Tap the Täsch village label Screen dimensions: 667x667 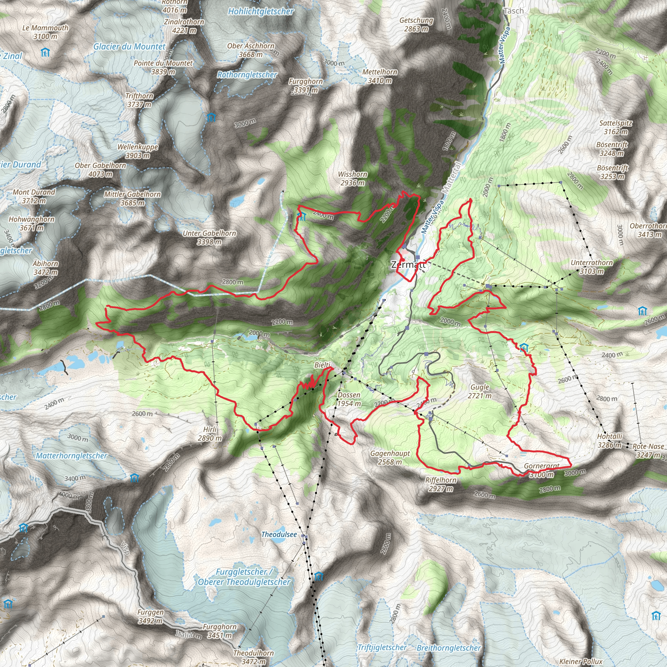[513, 11]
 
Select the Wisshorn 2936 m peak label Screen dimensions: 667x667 [352, 178]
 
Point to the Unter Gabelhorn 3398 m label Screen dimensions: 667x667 [209, 237]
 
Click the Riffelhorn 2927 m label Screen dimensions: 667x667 [441, 484]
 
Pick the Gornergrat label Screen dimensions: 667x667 [541, 466]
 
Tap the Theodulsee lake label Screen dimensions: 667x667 [279, 534]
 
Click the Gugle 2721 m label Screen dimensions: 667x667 [479, 391]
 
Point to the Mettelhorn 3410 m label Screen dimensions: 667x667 [380, 76]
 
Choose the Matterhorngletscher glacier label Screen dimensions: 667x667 [71, 456]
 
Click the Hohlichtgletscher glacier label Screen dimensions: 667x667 [261, 11]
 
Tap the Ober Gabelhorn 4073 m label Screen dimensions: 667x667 [100, 169]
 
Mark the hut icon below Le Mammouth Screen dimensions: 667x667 [45, 52]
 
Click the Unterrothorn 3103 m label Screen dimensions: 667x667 [592, 267]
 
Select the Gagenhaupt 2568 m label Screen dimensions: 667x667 [390, 458]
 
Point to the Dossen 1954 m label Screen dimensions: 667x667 [349, 399]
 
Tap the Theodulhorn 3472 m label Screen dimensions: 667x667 [253, 657]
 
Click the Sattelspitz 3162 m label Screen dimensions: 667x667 [616, 127]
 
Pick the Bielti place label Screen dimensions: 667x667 [322, 365]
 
